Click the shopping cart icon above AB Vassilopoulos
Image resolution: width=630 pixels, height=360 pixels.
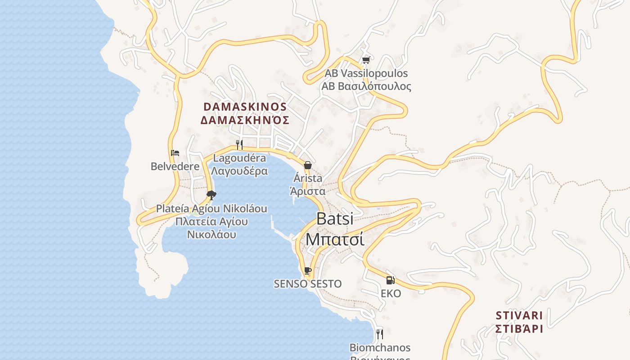[x=366, y=60]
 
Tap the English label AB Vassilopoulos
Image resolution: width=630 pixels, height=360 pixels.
[x=366, y=73]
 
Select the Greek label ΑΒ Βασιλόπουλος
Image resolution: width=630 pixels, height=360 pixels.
[x=366, y=86]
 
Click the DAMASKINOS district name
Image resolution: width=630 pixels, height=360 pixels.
[x=245, y=107]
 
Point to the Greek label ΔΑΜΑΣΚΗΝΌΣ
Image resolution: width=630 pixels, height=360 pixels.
[x=245, y=120]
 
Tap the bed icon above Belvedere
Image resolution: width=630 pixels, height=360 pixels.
[x=175, y=153]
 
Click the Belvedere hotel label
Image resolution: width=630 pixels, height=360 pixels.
[x=175, y=166]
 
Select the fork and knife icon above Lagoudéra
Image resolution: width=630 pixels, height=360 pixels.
[x=239, y=144]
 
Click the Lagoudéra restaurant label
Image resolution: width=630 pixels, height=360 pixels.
[x=239, y=158]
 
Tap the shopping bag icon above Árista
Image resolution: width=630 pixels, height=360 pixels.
[x=308, y=165]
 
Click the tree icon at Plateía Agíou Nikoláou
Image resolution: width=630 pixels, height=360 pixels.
[x=211, y=195]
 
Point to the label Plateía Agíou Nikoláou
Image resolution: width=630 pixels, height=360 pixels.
[x=211, y=209]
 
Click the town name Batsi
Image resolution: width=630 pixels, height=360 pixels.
[x=335, y=219]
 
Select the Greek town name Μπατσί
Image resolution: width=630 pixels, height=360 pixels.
[x=335, y=239]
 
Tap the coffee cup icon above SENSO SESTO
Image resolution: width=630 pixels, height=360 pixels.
[x=308, y=270]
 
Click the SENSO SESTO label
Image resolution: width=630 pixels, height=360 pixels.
[x=308, y=284]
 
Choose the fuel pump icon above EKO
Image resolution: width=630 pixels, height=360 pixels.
[x=390, y=280]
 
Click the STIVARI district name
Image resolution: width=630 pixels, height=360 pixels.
[x=519, y=315]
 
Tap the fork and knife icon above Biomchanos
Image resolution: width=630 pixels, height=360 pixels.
[x=380, y=334]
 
